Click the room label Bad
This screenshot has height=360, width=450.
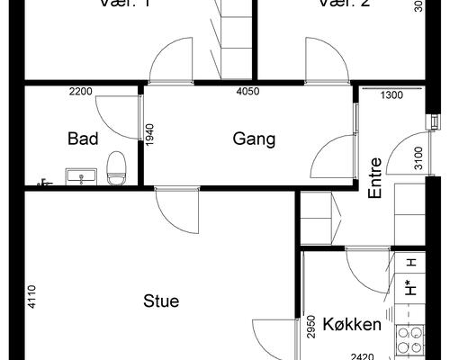(83, 139)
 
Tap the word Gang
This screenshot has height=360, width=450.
(253, 139)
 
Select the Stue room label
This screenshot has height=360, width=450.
(161, 301)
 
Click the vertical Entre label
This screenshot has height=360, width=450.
(376, 177)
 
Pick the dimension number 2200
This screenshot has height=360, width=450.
(82, 92)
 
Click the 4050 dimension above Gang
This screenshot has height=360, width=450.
(247, 92)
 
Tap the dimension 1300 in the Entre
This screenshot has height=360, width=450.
(391, 94)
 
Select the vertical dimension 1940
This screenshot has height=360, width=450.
(151, 136)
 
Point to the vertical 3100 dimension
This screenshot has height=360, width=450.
(418, 157)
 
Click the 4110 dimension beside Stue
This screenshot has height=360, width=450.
(32, 296)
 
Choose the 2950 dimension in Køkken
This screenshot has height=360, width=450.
(310, 324)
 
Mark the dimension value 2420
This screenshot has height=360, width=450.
(362, 355)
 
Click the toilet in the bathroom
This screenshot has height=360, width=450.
(115, 167)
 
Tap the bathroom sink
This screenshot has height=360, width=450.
(81, 175)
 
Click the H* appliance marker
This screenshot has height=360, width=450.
(410, 289)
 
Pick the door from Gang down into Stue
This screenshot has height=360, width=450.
(175, 211)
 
